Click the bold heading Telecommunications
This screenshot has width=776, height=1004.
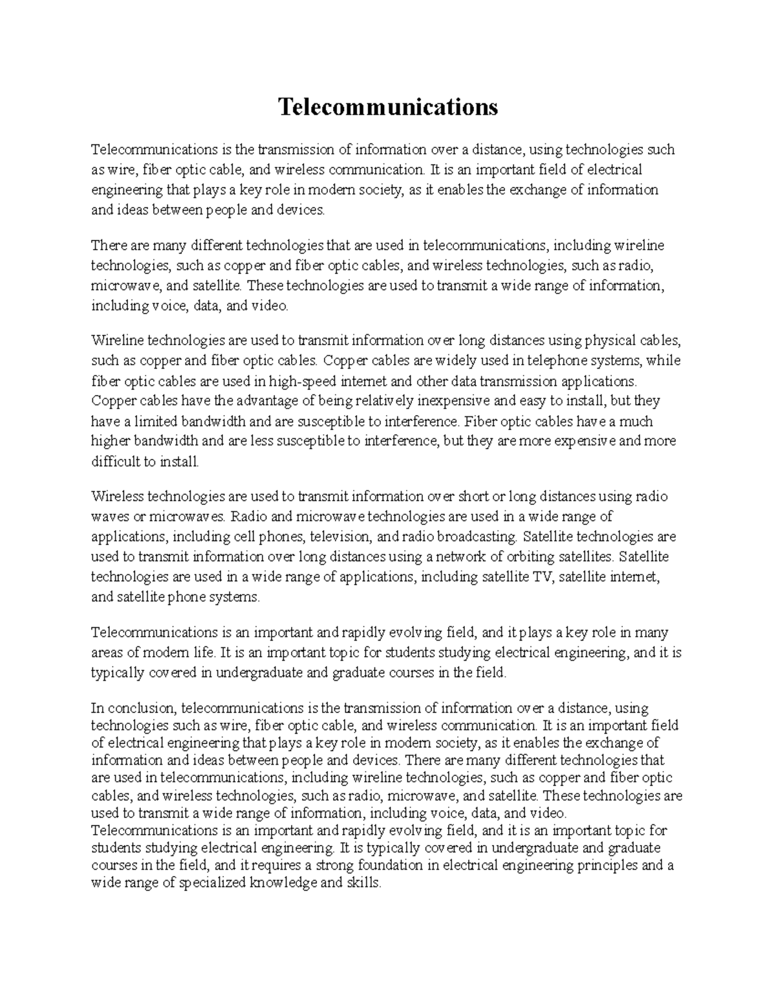point(388,106)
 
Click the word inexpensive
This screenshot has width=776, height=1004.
point(449,401)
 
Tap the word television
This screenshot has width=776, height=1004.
point(340,537)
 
